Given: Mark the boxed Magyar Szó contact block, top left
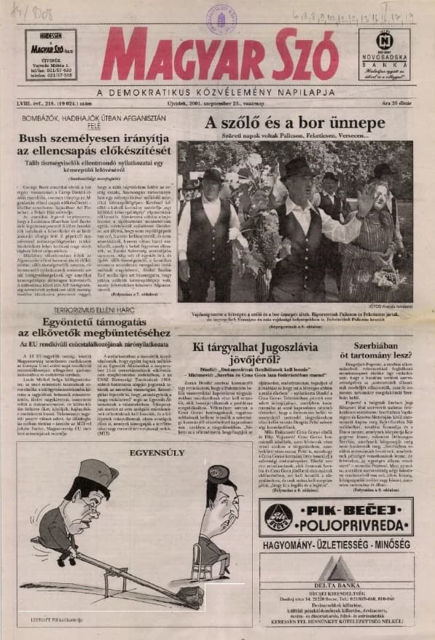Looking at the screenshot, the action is (50, 55).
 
